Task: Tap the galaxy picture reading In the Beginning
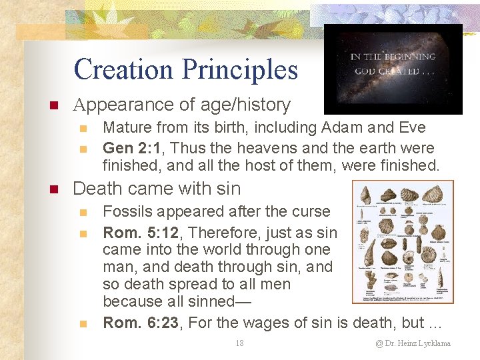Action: pyautogui.click(x=393, y=69)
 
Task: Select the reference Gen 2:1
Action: pyautogui.click(x=130, y=147)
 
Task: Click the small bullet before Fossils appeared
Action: pyautogui.click(x=83, y=213)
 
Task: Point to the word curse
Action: pyautogui.click(x=310, y=211)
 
